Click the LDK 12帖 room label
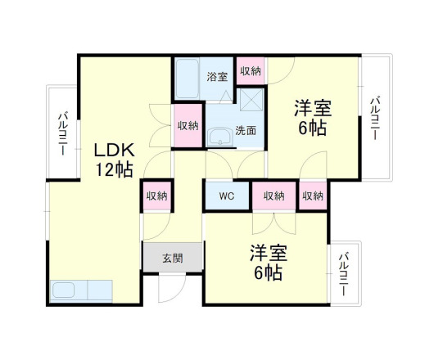click(112, 160)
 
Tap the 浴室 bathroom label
click(216, 77)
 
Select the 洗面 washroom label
click(245, 129)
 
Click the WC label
click(227, 196)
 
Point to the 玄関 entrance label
click(172, 259)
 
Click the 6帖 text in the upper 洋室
click(312, 128)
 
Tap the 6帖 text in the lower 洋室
click(267, 272)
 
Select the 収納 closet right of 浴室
click(251, 71)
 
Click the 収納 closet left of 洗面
click(188, 126)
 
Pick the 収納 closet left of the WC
click(156, 196)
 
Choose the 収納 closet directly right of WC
click(274, 196)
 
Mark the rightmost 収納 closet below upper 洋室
click(312, 196)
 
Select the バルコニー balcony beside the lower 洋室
click(342, 272)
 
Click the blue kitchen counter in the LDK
click(80, 290)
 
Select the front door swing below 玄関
click(172, 288)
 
